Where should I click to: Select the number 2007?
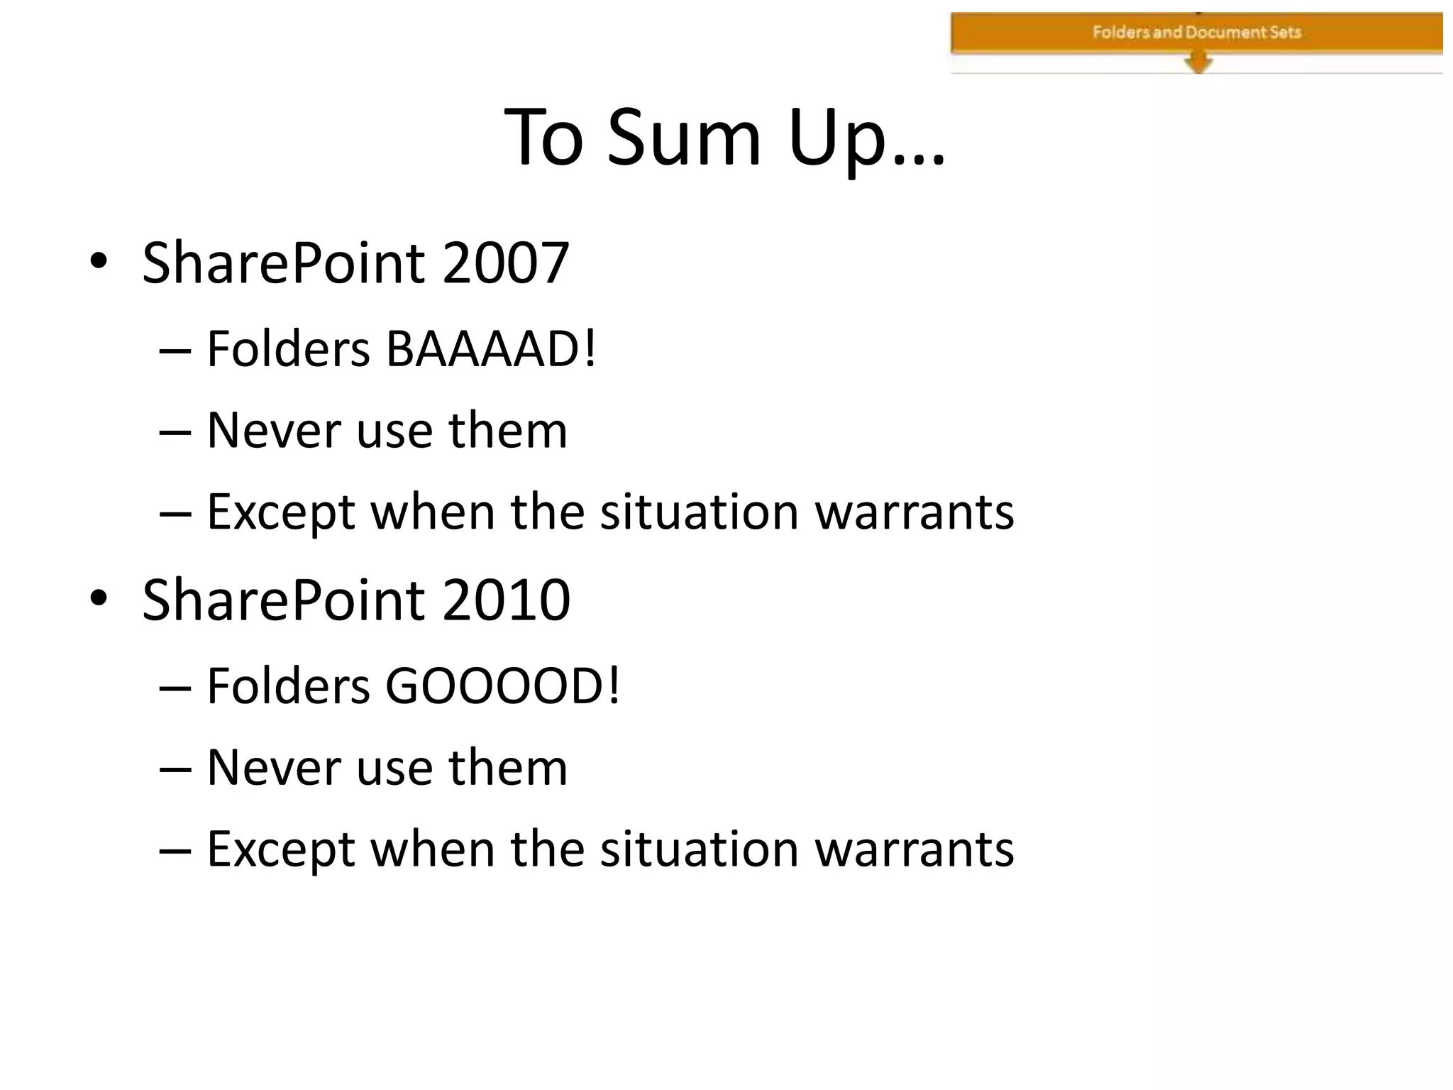(x=505, y=263)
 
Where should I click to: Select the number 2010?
(x=506, y=600)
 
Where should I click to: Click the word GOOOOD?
(x=502, y=686)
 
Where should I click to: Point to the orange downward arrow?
(x=1198, y=62)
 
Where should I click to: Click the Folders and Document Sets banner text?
(x=1196, y=32)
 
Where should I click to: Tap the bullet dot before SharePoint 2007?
(x=99, y=262)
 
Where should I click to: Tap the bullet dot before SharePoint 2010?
(x=99, y=599)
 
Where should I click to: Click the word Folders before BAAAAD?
(x=288, y=349)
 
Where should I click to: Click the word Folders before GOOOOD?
(x=288, y=686)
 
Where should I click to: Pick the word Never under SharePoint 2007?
(x=273, y=430)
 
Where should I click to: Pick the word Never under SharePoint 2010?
(x=273, y=767)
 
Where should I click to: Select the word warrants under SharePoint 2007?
(x=914, y=512)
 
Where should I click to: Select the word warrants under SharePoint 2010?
(x=914, y=849)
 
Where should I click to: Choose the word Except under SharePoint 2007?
(x=281, y=512)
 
